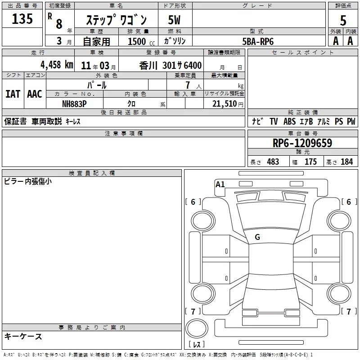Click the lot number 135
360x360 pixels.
tap(22, 18)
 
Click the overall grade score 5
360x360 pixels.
tap(343, 20)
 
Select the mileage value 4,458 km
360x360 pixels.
tap(57, 65)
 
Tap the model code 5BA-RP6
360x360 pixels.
tap(258, 41)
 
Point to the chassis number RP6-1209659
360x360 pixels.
tap(302, 143)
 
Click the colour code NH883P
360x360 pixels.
tap(74, 104)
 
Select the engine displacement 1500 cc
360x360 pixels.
tap(141, 41)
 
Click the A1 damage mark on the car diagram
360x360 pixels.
tap(220, 184)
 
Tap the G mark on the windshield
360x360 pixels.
tap(257, 237)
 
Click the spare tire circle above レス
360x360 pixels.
tap(197, 328)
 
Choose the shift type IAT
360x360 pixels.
tap(13, 94)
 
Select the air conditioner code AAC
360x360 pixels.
tap(35, 94)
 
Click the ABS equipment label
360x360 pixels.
tap(289, 121)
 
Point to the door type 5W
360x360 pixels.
tap(174, 20)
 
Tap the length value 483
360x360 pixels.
tap(273, 162)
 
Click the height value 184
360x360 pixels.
tap(346, 162)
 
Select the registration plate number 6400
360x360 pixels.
tap(193, 65)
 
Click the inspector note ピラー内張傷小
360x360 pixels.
tap(28, 181)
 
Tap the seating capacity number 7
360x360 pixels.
tap(188, 85)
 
